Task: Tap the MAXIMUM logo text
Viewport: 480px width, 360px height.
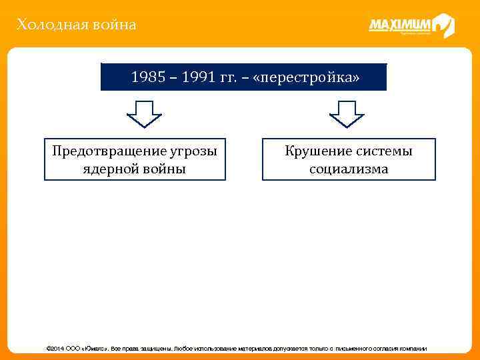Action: point(399,25)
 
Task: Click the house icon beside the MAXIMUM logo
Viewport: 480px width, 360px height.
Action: point(443,25)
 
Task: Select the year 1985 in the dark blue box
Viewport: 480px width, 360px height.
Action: point(145,77)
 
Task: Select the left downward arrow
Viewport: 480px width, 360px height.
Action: point(144,114)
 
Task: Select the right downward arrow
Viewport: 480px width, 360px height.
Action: point(347,114)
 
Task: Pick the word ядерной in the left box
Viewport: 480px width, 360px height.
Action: point(111,169)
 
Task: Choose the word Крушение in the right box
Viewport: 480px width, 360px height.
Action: point(315,151)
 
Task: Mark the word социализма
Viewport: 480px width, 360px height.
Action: point(349,169)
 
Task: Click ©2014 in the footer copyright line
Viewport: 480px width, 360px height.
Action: point(55,349)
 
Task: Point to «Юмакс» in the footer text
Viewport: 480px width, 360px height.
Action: point(95,349)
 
